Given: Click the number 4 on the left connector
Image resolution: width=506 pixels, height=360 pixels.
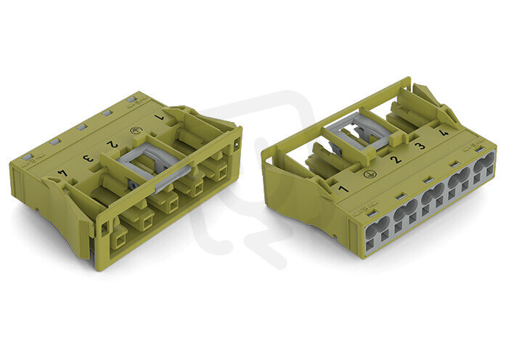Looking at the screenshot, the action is pos(62,173).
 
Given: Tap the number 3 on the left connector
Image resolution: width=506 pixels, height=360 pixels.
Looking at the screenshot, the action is pos(87,158).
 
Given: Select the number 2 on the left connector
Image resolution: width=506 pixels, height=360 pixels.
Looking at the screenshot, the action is pos(113,144).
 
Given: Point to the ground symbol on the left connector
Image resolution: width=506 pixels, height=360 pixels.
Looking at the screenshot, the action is pos(134,131).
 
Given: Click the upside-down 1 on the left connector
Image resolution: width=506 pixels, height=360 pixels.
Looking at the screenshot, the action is pos(160,118).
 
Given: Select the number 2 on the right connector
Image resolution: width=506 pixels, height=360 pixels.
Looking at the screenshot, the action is pos(396,159).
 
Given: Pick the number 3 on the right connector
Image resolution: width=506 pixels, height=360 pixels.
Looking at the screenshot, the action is pos(420,146).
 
